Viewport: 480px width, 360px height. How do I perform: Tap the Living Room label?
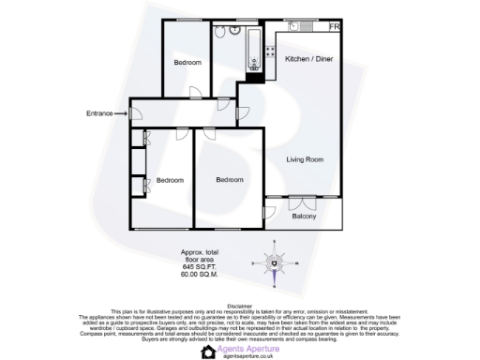pyautogui.click(x=305, y=160)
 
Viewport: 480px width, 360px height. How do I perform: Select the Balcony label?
pyautogui.click(x=304, y=217)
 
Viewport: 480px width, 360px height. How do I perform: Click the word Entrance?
pyautogui.click(x=99, y=113)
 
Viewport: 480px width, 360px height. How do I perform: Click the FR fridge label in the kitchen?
pyautogui.click(x=333, y=26)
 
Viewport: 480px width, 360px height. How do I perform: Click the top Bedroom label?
pyautogui.click(x=187, y=63)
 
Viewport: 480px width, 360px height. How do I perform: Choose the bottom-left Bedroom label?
pyautogui.click(x=170, y=180)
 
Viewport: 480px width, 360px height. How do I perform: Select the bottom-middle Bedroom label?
pyautogui.click(x=229, y=180)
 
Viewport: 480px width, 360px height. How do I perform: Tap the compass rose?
pyautogui.click(x=274, y=262)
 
